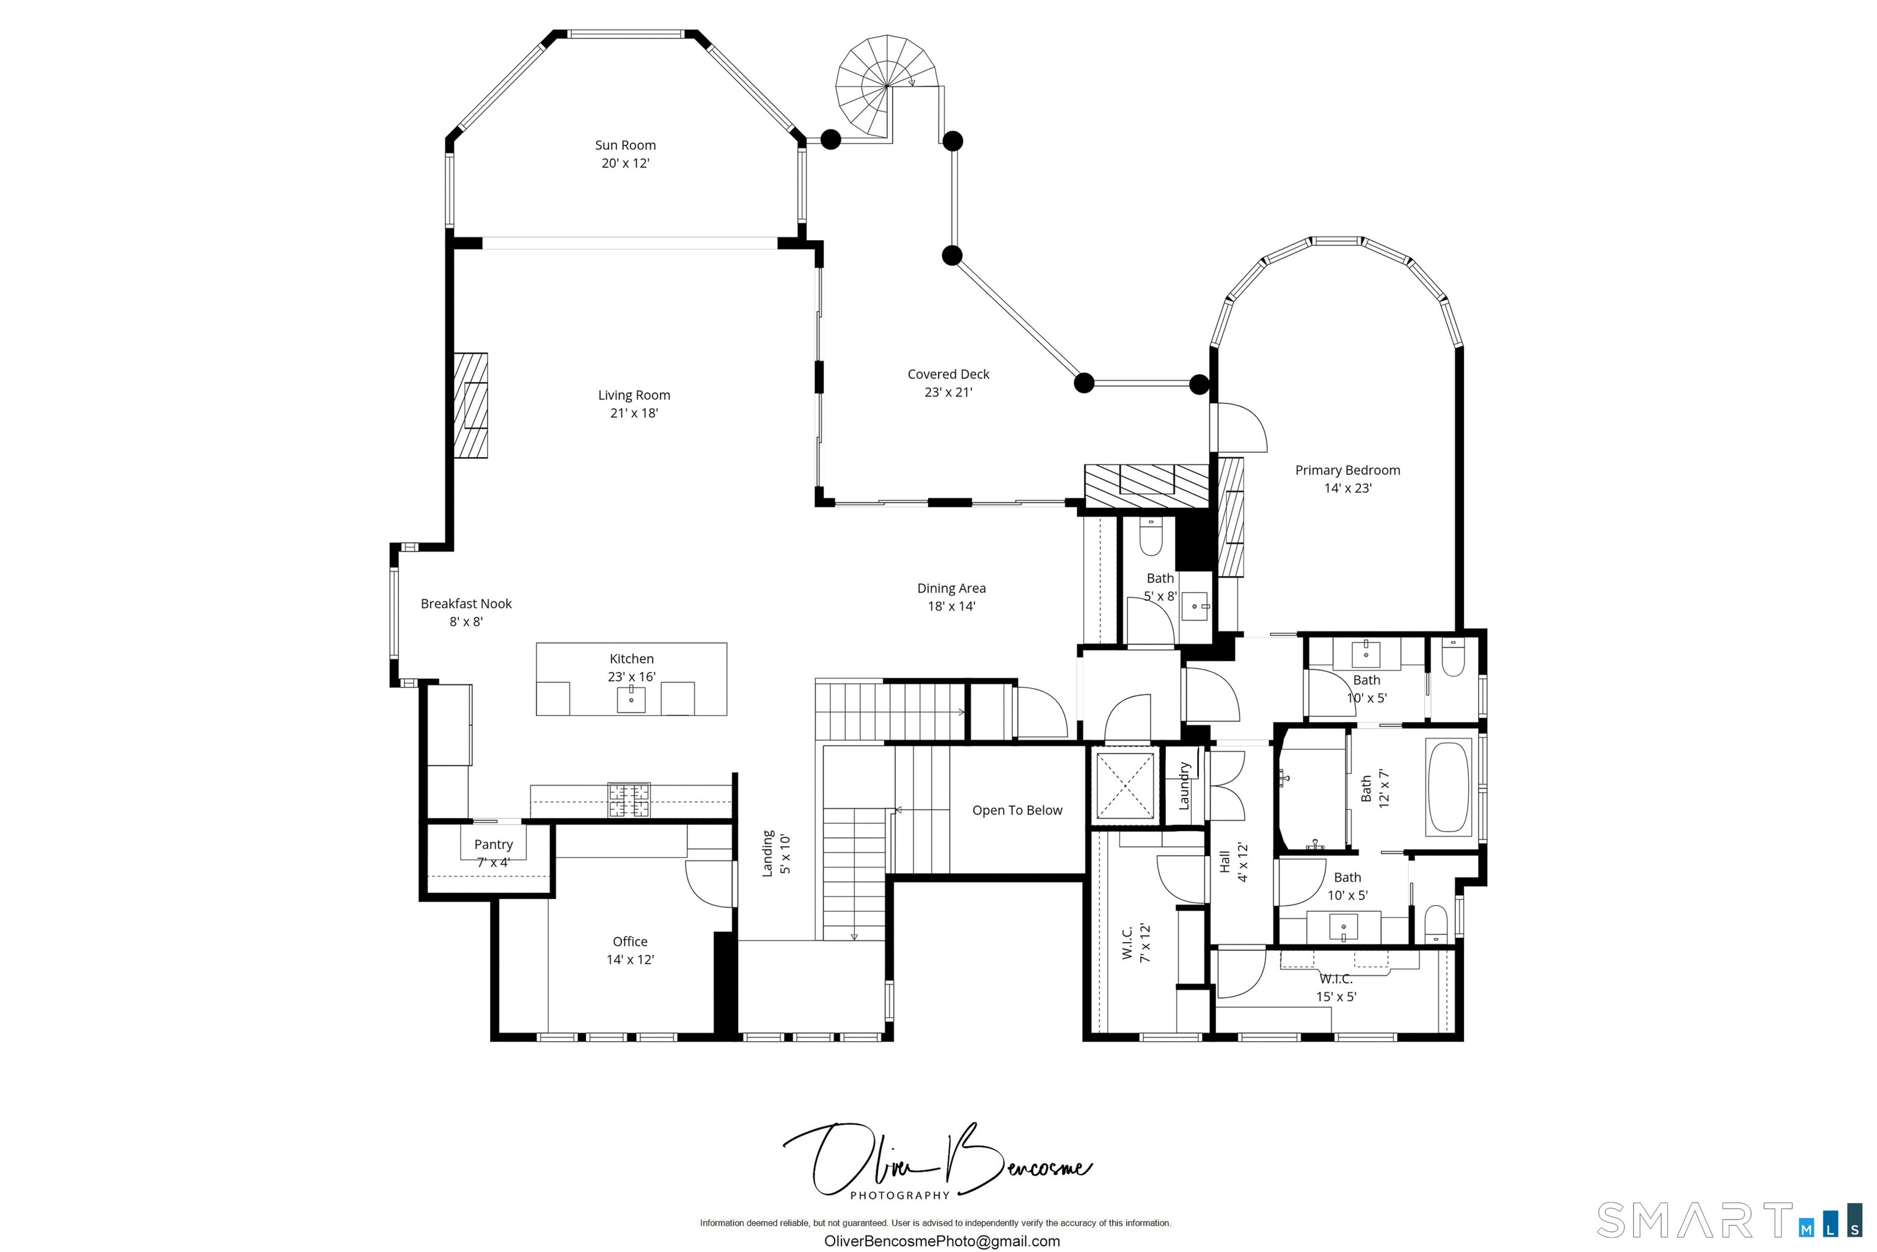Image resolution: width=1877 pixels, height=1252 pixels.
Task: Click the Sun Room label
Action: point(625,145)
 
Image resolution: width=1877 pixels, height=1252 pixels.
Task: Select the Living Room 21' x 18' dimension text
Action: point(634,413)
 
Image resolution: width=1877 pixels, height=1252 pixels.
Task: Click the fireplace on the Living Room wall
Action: point(470,406)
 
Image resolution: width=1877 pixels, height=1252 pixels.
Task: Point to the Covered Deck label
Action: point(948,375)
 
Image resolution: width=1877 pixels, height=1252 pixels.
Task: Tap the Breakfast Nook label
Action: point(466,604)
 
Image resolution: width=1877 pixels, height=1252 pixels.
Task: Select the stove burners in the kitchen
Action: point(629,800)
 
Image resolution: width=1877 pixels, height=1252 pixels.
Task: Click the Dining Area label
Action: point(951,588)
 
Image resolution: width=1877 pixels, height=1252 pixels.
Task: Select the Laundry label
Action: point(1184,786)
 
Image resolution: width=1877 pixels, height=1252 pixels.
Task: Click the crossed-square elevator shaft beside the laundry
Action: point(1124,786)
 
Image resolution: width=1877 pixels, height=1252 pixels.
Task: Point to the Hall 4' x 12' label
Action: point(1233,862)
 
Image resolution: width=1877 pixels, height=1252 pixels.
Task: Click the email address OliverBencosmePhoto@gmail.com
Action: point(942,1241)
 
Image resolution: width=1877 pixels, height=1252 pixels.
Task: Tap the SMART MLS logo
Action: point(1729,1220)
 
